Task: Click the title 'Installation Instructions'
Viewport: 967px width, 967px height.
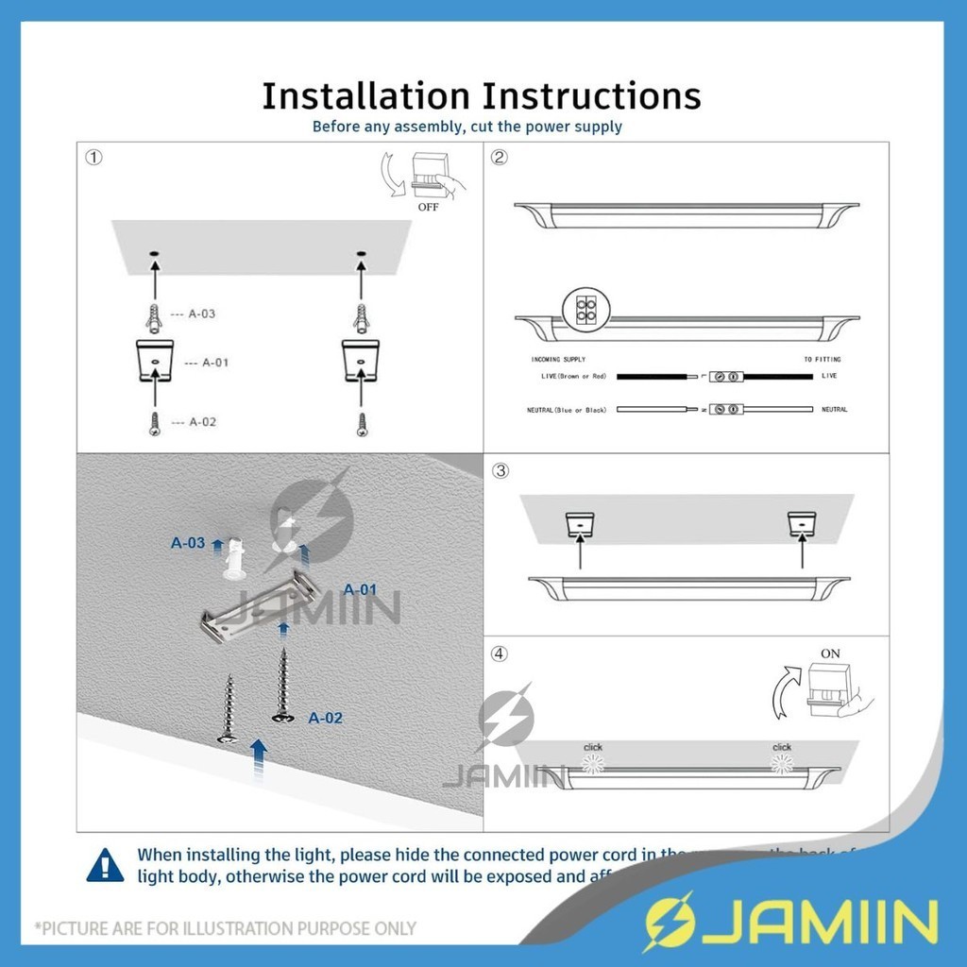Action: tap(482, 96)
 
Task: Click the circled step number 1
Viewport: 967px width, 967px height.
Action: tap(93, 158)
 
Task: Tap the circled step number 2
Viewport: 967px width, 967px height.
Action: tap(500, 158)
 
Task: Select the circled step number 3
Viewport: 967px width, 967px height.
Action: tap(501, 470)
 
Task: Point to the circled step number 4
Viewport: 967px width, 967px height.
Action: tap(500, 653)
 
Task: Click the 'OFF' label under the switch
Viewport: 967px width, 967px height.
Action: tap(428, 207)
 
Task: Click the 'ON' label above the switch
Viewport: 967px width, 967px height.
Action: tap(830, 653)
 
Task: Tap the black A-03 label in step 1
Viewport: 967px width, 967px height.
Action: tap(202, 314)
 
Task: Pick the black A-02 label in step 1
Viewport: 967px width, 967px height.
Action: tap(202, 422)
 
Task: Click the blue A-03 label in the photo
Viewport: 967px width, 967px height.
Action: tap(188, 543)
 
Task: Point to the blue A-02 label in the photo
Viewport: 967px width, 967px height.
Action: tap(326, 718)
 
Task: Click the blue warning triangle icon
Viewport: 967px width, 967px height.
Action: tap(105, 864)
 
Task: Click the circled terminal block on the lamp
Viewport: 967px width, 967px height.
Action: tap(583, 307)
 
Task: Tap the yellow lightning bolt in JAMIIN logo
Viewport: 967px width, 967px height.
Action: tap(667, 921)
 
